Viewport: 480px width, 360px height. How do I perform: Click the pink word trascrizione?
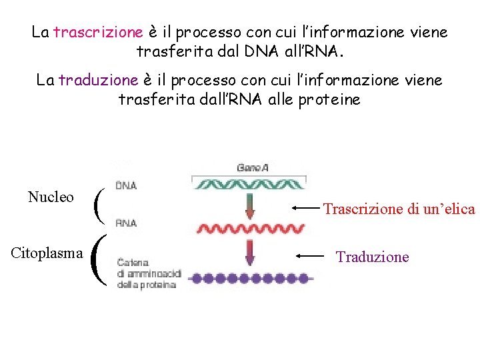click(98, 32)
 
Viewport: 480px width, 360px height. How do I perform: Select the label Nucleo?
click(51, 197)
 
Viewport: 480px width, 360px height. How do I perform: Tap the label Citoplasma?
click(47, 253)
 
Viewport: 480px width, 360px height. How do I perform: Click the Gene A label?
click(252, 168)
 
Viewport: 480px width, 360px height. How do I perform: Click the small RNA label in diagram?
click(126, 223)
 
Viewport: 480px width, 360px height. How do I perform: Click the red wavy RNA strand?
click(249, 230)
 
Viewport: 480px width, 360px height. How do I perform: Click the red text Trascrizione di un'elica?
click(399, 209)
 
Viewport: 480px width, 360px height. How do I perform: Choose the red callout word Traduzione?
click(372, 257)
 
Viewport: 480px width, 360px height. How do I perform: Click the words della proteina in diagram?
click(147, 285)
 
